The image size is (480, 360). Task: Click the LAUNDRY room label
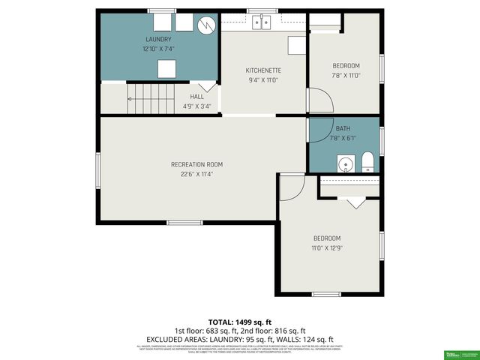[x=158, y=39]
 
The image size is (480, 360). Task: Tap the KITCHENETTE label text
[x=264, y=70]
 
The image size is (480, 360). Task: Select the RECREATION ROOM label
[x=196, y=164]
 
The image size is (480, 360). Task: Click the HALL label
[x=197, y=97]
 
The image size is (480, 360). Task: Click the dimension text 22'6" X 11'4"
[x=196, y=174]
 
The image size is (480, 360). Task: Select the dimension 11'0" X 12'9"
[x=327, y=247]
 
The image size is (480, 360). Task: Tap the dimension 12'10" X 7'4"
[x=158, y=48]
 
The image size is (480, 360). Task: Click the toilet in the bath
[x=368, y=162]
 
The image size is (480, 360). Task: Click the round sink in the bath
[x=346, y=163]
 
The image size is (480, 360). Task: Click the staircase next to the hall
[x=151, y=99]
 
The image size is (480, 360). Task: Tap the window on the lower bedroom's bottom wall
[x=326, y=294]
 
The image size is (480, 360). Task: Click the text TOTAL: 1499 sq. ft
[x=239, y=320]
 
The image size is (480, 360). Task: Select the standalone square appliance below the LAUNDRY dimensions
[x=166, y=69]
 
